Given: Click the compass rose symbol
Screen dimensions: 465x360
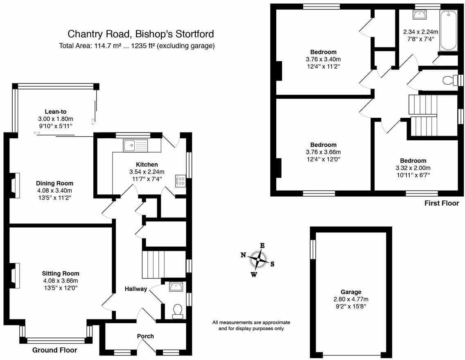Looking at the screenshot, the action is (258, 260).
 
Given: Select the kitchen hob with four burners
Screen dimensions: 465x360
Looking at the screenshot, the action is (181, 181).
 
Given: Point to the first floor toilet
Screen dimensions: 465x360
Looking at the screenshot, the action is (450, 80).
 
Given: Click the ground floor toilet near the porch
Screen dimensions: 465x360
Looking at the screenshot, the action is (178, 311).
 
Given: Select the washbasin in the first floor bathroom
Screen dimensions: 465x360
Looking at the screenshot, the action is (419, 14).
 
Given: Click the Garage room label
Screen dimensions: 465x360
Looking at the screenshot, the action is (350, 292).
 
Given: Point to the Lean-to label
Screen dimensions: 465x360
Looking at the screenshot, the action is (55, 112).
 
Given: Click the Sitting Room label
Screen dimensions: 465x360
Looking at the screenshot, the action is (61, 274).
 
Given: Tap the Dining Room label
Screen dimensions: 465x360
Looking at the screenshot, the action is (54, 183).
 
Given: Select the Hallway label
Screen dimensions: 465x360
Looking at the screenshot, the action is (136, 289).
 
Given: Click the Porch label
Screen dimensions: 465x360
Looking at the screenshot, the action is (145, 336).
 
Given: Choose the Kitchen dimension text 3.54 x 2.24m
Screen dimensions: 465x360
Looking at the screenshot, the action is (147, 171).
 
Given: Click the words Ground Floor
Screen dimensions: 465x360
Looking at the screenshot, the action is (54, 350).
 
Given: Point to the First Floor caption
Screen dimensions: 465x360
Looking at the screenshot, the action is (442, 203).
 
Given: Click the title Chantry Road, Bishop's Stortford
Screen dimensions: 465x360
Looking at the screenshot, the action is (140, 34).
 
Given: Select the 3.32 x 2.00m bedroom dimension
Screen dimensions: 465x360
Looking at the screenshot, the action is (413, 168).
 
